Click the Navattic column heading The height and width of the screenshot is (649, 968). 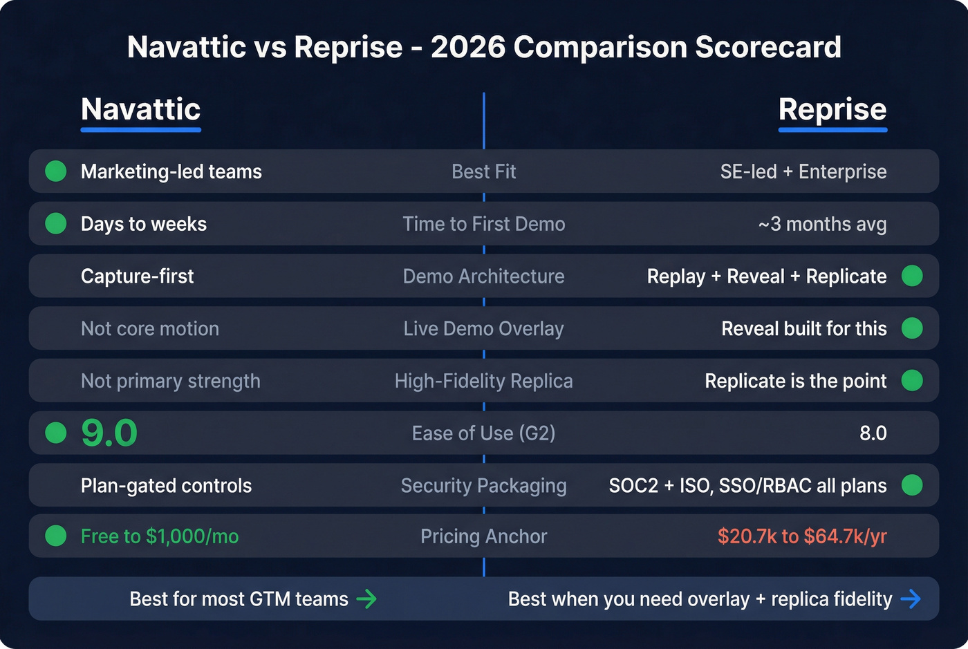pos(140,109)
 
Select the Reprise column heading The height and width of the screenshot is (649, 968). pos(832,109)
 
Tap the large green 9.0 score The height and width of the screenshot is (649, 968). pos(109,433)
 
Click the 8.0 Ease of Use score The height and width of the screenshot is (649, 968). pos(873,433)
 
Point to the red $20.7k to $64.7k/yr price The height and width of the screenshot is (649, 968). pos(802,536)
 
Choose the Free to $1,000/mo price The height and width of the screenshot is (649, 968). pos(160,536)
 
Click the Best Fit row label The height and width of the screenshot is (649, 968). pos(483,171)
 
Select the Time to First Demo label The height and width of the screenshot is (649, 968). pos(483,224)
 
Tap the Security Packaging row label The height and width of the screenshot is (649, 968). pos(483,486)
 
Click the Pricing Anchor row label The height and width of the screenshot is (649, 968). pos(483,536)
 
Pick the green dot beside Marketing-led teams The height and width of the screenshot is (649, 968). pos(56,171)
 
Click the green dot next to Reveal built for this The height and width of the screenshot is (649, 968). pos(912,328)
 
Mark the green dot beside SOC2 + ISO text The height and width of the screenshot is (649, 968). pos(912,485)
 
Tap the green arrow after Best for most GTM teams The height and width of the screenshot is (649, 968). pos(366,599)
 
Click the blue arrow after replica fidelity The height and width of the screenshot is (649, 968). pos(911,599)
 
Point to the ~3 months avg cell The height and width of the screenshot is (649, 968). pos(822,224)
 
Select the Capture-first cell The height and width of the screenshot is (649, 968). pos(137,276)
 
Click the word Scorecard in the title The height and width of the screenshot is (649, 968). pos(767,47)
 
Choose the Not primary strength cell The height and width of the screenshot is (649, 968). pos(170,381)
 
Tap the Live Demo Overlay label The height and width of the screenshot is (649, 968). pos(483,329)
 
